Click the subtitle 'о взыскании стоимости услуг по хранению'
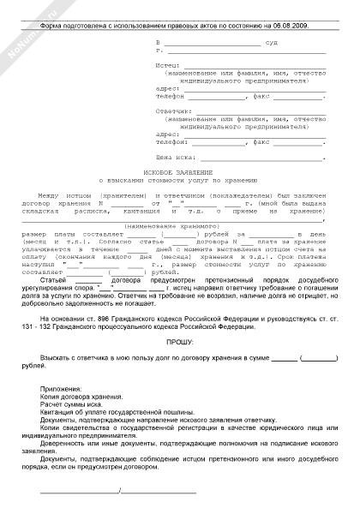click(180, 181)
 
